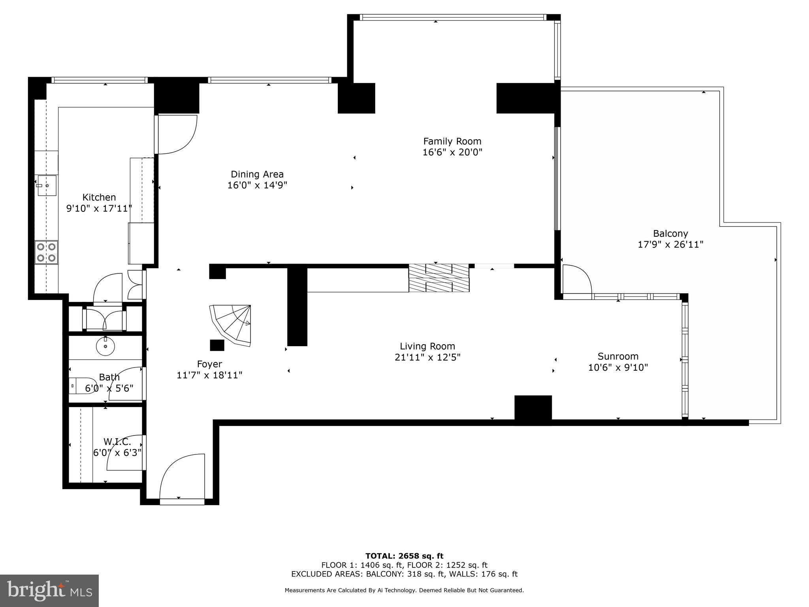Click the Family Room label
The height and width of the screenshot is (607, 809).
click(x=452, y=141)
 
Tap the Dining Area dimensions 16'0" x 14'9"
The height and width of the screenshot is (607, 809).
click(x=257, y=185)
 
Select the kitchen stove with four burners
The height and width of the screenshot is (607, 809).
click(x=46, y=253)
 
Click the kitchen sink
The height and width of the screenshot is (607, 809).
click(x=47, y=186)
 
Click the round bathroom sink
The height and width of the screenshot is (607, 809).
click(x=105, y=347)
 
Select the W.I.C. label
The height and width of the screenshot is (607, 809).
click(x=117, y=441)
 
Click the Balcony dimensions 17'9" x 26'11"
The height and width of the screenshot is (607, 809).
click(x=670, y=245)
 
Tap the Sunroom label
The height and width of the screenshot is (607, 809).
click(x=618, y=356)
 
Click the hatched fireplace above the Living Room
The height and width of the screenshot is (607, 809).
click(x=438, y=278)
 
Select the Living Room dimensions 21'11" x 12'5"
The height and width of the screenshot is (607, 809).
click(x=427, y=357)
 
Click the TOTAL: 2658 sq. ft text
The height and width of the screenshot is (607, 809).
click(x=404, y=556)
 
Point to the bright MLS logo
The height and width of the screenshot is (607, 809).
click(x=49, y=590)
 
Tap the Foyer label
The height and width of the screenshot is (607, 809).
click(x=209, y=364)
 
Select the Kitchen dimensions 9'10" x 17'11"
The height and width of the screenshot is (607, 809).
click(x=99, y=208)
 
